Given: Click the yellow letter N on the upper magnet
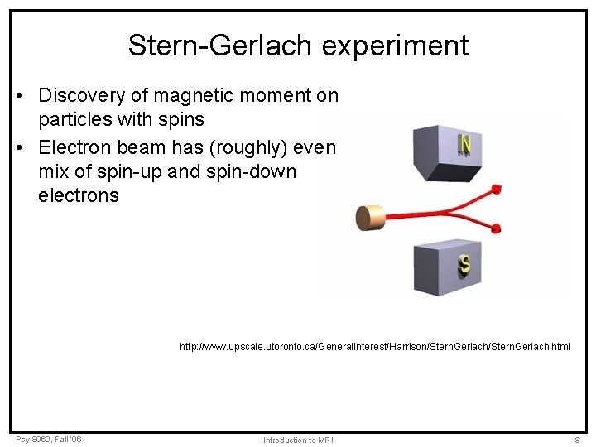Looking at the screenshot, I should click(x=465, y=146).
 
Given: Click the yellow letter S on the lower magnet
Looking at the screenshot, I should click(x=464, y=265).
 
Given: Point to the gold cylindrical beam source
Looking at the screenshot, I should click(x=368, y=217).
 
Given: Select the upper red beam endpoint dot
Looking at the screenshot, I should click(x=497, y=190).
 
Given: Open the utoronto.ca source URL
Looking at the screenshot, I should click(x=374, y=347).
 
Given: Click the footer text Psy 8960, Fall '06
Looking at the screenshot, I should click(x=48, y=439).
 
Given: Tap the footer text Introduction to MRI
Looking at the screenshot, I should click(x=298, y=440).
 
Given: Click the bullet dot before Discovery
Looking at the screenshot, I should click(x=19, y=96).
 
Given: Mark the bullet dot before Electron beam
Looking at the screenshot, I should click(x=19, y=148).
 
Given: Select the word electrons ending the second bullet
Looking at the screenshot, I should click(x=79, y=196).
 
